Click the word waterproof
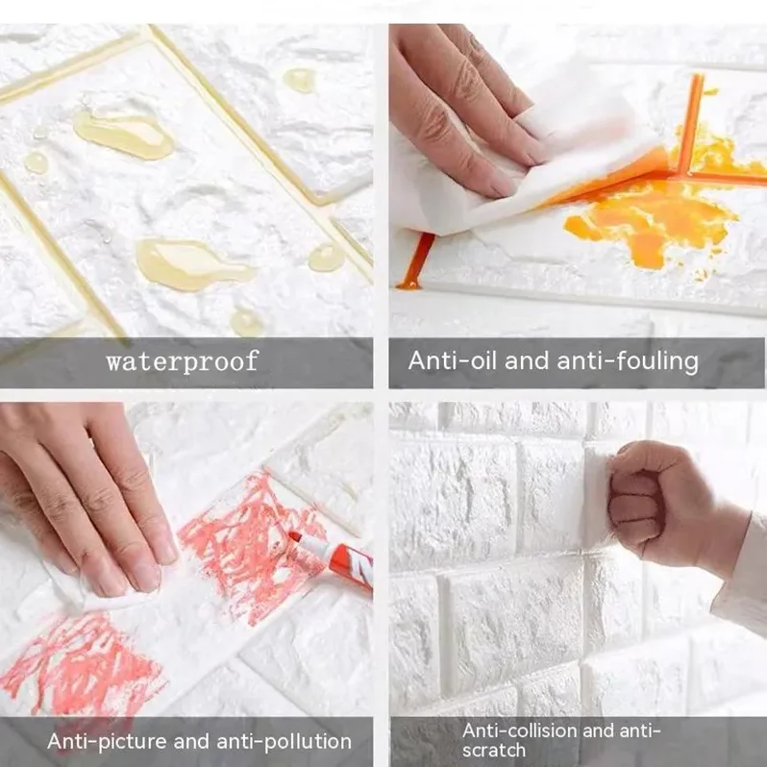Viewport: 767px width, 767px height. tap(182, 361)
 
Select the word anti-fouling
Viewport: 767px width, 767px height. tap(628, 361)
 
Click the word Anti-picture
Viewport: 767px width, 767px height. tap(107, 741)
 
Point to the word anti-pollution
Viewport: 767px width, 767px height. tap(284, 742)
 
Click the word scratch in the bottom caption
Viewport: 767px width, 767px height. tap(494, 750)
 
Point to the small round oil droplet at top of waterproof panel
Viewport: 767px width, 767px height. tap(299, 80)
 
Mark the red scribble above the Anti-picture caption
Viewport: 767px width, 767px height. tap(78, 660)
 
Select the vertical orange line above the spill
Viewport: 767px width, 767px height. tap(691, 122)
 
